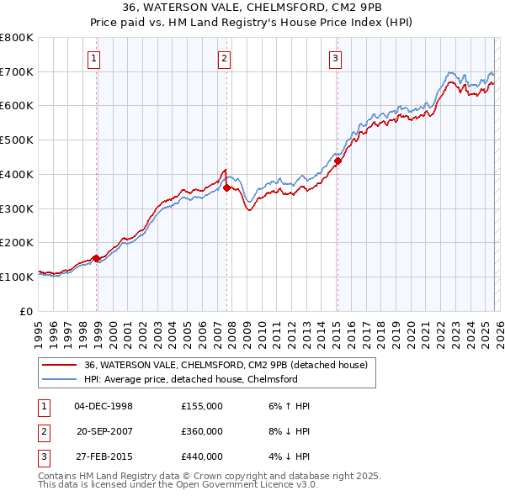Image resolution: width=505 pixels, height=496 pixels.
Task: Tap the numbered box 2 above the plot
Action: [x=225, y=59]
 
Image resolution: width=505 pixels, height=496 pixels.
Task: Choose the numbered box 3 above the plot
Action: [x=335, y=59]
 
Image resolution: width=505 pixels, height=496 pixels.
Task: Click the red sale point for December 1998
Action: [x=97, y=258]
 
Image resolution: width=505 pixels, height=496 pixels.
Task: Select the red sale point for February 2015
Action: [x=338, y=161]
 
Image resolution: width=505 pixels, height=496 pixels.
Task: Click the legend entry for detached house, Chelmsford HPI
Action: [x=190, y=379]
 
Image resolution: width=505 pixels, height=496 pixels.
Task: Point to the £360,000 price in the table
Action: [x=202, y=431]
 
